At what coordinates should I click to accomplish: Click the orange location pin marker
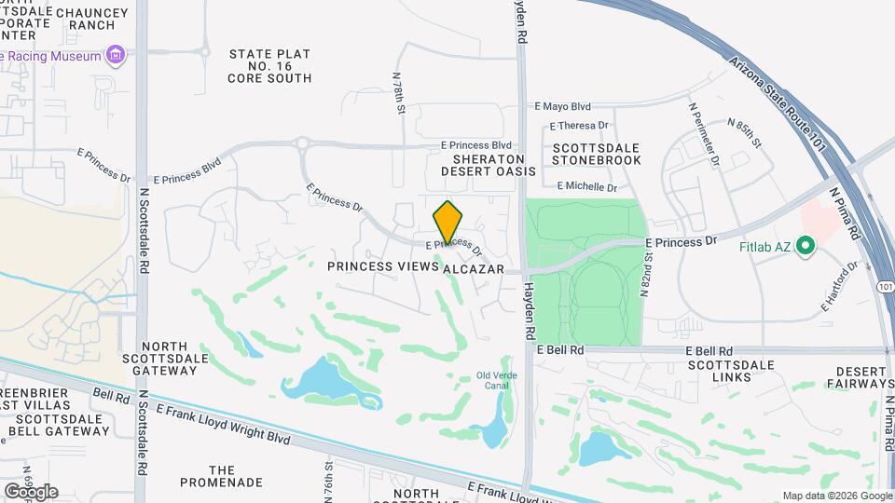448,222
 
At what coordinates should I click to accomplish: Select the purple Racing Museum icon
116,56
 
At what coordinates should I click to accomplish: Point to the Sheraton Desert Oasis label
488,165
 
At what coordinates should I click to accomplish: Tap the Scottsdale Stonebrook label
597,154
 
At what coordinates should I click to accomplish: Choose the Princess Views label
382,267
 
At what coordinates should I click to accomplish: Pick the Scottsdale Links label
732,370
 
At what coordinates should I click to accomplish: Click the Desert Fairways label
860,376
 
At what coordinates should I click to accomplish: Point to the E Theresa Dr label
579,125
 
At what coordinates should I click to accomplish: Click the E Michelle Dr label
587,187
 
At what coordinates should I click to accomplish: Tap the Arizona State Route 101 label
779,104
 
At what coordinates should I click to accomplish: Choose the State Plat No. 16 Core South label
269,66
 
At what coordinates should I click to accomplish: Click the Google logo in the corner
32,491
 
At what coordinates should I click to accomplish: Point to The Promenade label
222,477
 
